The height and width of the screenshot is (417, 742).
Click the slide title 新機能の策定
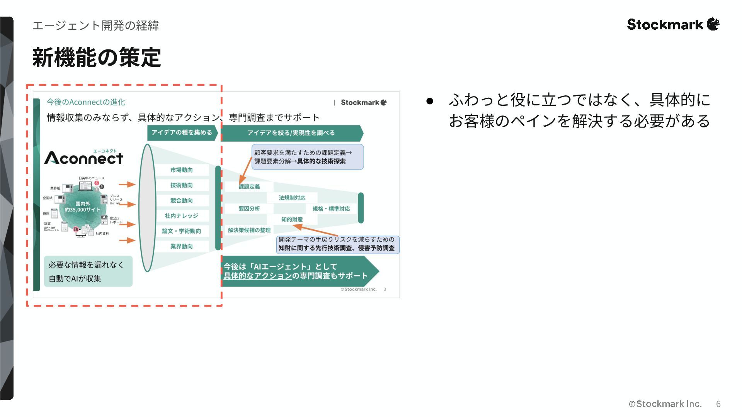pos(97,58)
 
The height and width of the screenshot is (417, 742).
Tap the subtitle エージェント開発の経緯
pos(95,25)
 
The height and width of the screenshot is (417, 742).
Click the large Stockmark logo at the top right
pos(673,24)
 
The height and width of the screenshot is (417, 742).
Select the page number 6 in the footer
pos(718,404)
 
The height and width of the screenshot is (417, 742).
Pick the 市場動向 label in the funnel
pos(181,170)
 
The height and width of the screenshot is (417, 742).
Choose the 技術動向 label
pos(181,185)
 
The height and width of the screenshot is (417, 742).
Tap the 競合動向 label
pos(181,200)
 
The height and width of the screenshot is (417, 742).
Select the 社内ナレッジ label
pos(181,216)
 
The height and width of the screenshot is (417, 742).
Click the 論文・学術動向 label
pos(181,231)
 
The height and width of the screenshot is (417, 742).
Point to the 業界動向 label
pos(181,246)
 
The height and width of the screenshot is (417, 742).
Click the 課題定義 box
pos(249,187)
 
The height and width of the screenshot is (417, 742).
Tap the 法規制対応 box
pos(292,198)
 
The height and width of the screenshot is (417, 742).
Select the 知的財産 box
pos(292,219)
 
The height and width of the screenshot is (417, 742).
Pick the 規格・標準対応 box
pos(331,208)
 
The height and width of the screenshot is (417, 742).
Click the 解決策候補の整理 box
pos(249,230)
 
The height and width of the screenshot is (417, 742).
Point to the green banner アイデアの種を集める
pos(182,132)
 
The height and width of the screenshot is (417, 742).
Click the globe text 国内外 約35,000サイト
pos(83,207)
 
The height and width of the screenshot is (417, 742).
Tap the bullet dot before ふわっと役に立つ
pos(429,101)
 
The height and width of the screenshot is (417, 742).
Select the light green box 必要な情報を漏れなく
pos(88,271)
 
